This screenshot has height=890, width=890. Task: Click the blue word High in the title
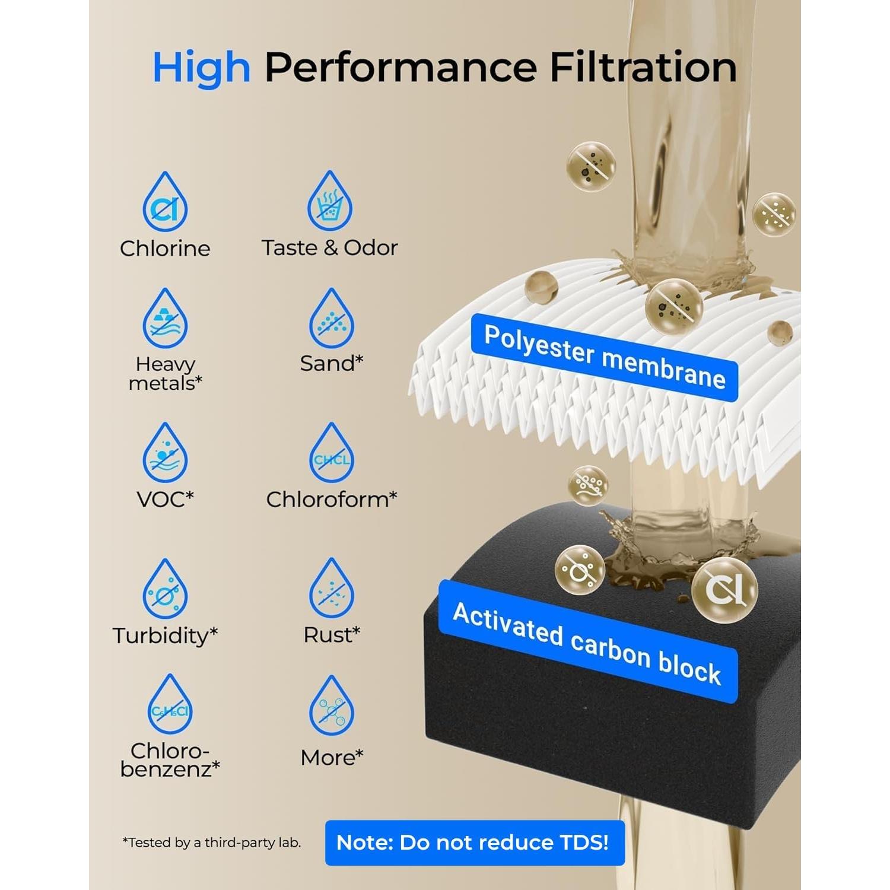pyautogui.click(x=201, y=68)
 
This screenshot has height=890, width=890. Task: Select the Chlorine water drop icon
pyautogui.click(x=165, y=203)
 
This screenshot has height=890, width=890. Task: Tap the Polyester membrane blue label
pyautogui.click(x=604, y=357)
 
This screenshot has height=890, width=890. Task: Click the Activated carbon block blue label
pyautogui.click(x=587, y=643)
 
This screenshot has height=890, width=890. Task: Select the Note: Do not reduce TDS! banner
pyautogui.click(x=475, y=843)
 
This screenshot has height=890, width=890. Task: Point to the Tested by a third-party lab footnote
pyautogui.click(x=211, y=843)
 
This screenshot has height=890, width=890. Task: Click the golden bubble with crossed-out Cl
pyautogui.click(x=724, y=589)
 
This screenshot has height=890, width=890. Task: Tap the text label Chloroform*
pyautogui.click(x=331, y=500)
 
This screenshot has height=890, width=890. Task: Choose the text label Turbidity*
pyautogui.click(x=165, y=635)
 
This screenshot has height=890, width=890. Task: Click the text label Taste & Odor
pyautogui.click(x=330, y=248)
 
